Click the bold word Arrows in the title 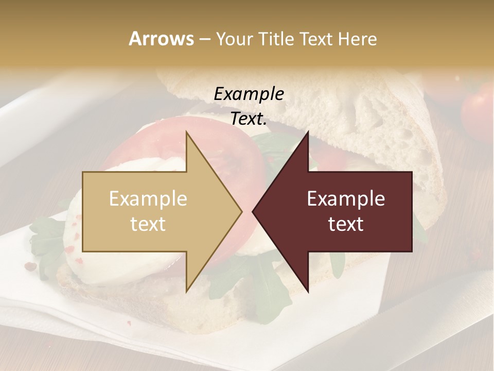pyautogui.click(x=161, y=39)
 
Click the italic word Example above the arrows pyautogui.click(x=249, y=94)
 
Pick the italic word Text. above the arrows pyautogui.click(x=249, y=119)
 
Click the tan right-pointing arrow pyautogui.click(x=154, y=211)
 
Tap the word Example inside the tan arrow pyautogui.click(x=148, y=199)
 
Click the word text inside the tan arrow pyautogui.click(x=148, y=224)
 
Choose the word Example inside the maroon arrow pyautogui.click(x=346, y=199)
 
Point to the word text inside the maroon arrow pyautogui.click(x=346, y=224)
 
